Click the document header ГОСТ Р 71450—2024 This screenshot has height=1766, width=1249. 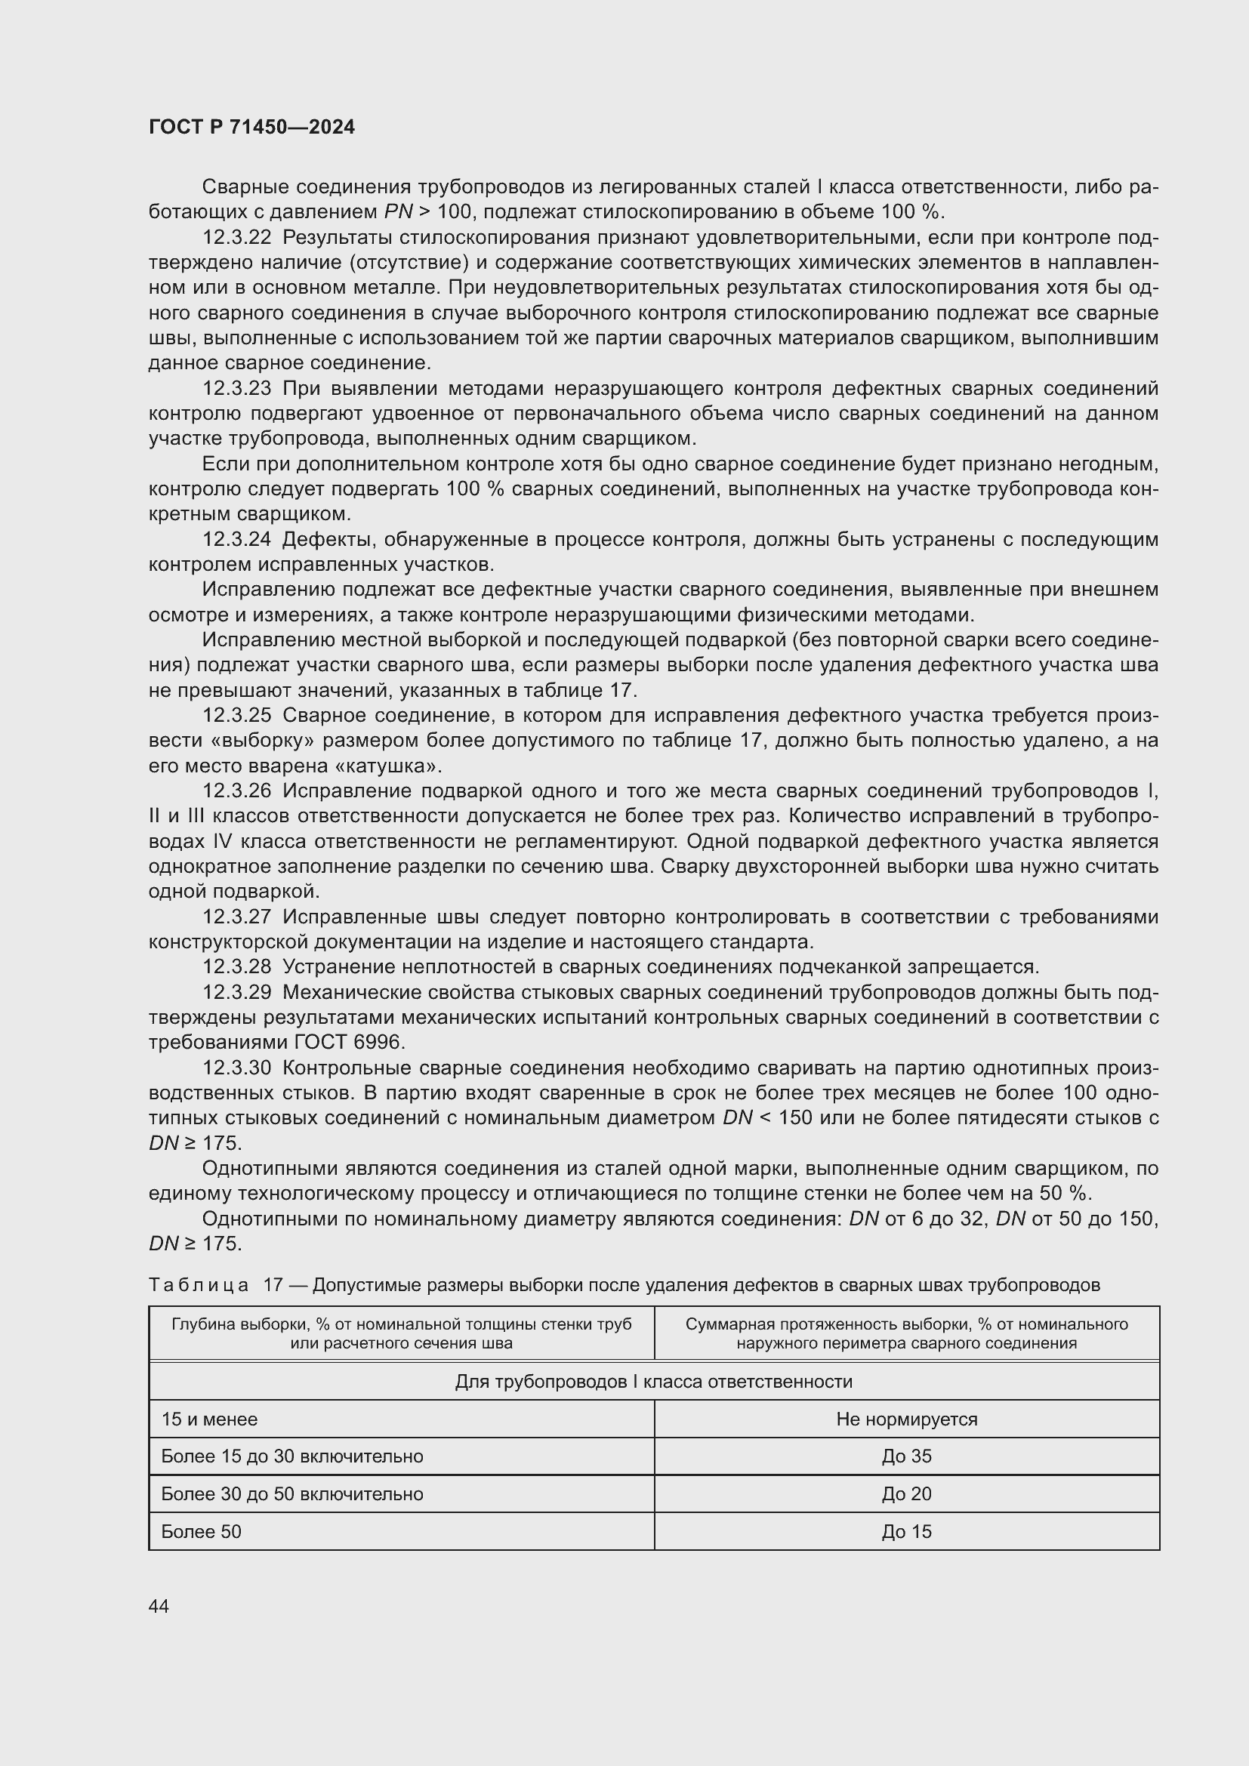click(251, 127)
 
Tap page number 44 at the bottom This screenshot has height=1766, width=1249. click(159, 1606)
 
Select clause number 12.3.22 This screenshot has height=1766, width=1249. click(237, 237)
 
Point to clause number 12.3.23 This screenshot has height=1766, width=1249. click(237, 388)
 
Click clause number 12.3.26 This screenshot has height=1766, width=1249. click(237, 791)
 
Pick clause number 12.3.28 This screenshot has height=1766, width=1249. click(237, 967)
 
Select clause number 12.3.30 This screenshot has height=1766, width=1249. click(237, 1068)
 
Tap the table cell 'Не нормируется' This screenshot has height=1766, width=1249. click(907, 1419)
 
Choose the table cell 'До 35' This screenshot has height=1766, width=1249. click(907, 1456)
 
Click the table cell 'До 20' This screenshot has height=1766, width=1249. click(907, 1493)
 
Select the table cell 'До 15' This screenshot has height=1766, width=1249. click(907, 1531)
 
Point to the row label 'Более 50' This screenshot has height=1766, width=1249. click(202, 1531)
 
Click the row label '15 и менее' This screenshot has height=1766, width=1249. click(209, 1419)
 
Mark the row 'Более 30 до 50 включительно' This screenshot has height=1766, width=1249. click(292, 1493)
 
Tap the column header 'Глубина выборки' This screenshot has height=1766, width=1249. click(402, 1333)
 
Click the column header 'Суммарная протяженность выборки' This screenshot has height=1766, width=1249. click(907, 1333)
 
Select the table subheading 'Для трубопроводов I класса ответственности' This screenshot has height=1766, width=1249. click(654, 1382)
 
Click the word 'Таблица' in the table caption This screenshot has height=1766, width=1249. click(199, 1284)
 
